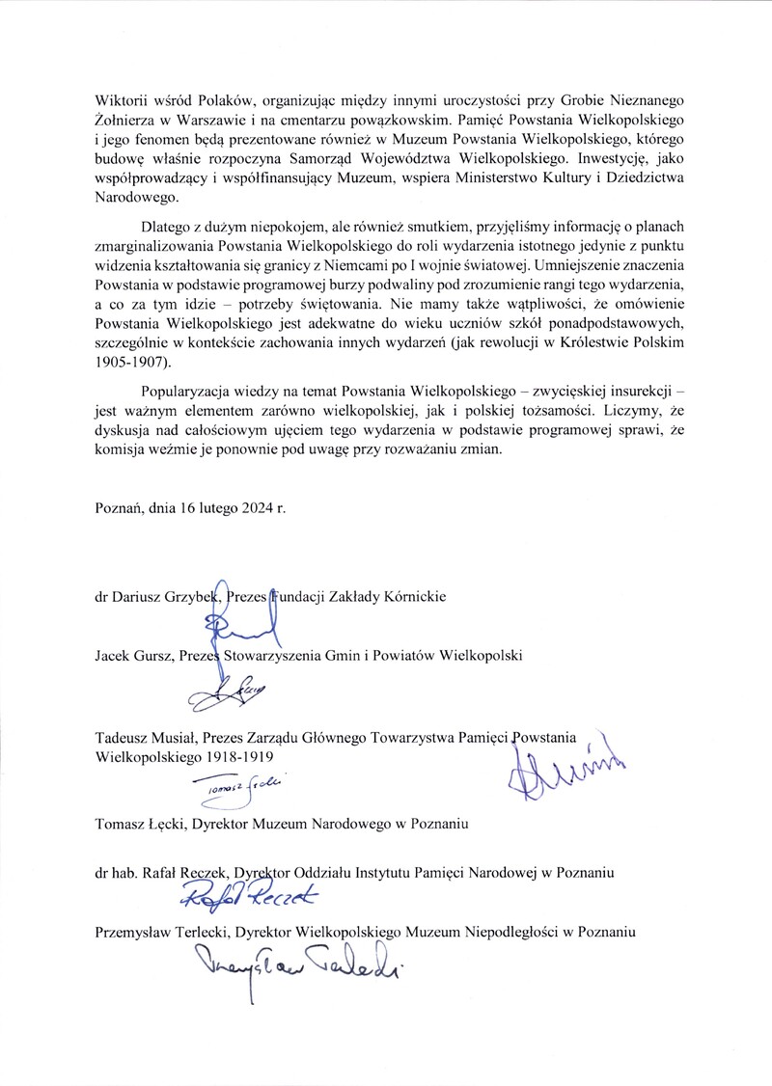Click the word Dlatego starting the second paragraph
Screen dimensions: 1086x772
(166, 228)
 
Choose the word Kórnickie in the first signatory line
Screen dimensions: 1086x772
(414, 597)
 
